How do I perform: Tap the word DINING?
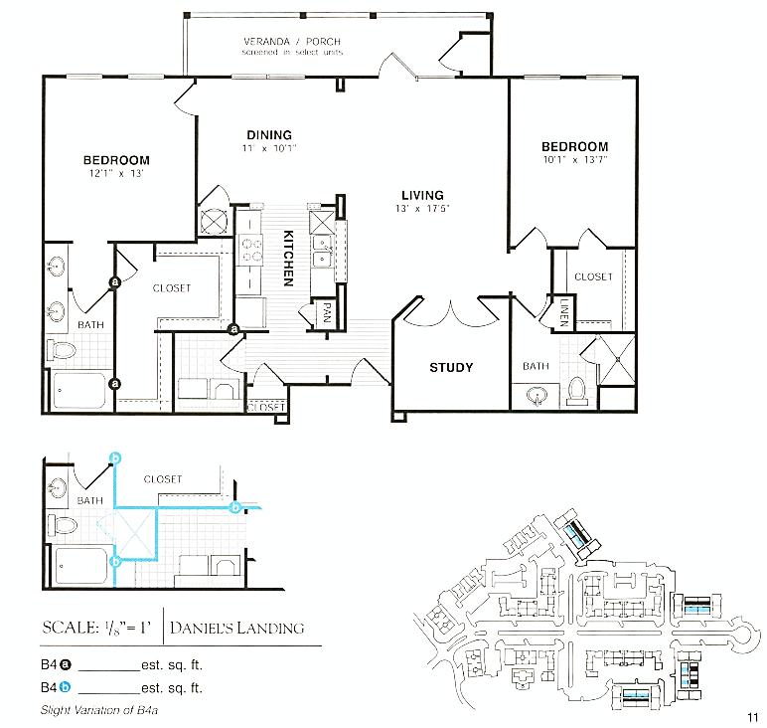point(269,135)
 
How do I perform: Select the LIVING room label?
point(422,195)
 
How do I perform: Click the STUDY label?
point(451,367)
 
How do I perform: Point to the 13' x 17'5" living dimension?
point(422,209)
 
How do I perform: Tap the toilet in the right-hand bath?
point(575,392)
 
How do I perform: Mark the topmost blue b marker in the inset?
point(115,456)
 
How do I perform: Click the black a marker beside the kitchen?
point(234,329)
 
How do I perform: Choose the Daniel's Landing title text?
point(236,628)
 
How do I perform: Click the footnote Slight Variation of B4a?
point(101,709)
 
